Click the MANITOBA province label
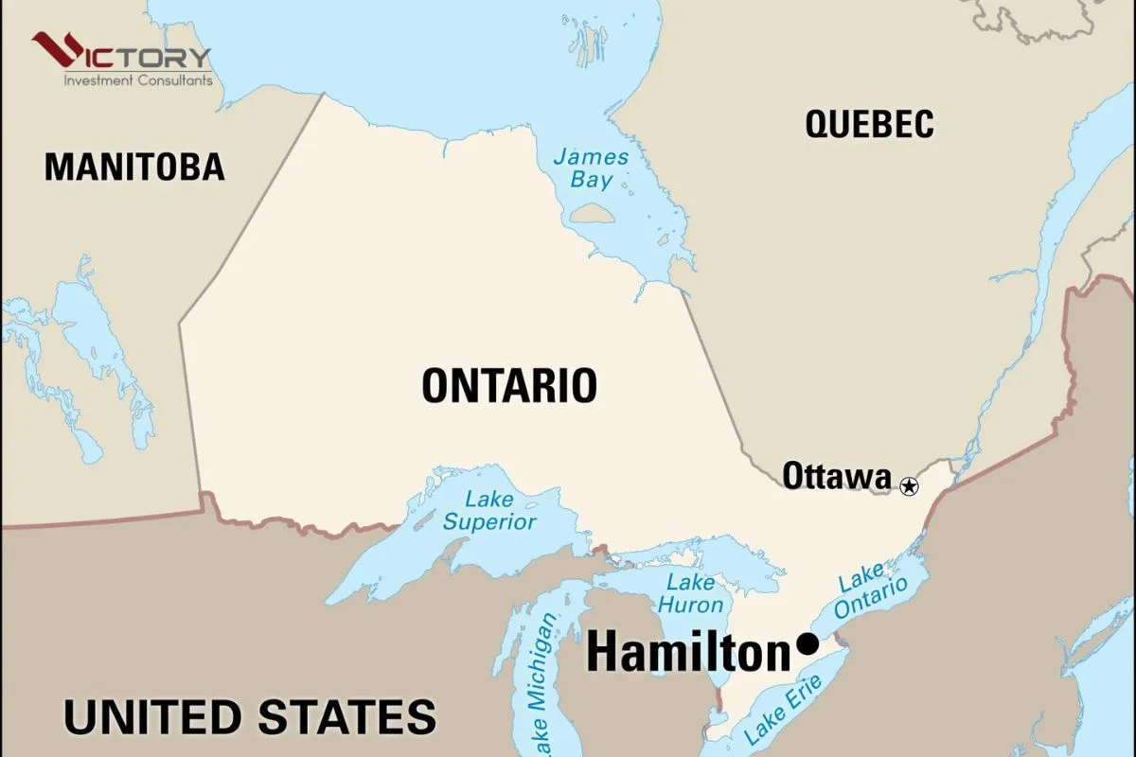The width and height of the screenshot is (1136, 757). [x=134, y=167]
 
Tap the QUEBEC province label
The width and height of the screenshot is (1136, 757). [x=869, y=124]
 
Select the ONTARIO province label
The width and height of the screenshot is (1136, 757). [x=509, y=386]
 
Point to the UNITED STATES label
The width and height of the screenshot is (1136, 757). [x=250, y=716]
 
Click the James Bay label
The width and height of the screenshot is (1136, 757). [x=591, y=167]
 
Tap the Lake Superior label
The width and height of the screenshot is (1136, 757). [x=489, y=510]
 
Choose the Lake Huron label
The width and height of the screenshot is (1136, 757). [x=690, y=593]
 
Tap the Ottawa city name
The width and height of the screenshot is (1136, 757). [x=836, y=476]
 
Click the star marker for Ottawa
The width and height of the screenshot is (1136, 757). [x=909, y=486]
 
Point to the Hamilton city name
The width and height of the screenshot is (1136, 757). [x=687, y=653]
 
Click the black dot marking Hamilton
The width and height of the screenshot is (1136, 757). [x=808, y=643]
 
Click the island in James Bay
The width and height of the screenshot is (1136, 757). [x=595, y=211]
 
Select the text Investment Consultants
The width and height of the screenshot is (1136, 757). [x=137, y=81]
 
